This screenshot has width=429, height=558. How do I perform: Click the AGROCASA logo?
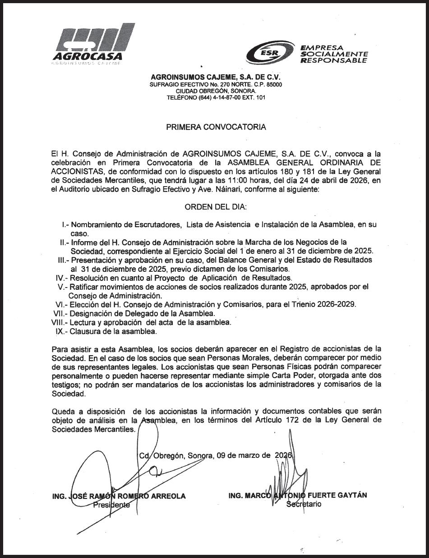pos(93,45)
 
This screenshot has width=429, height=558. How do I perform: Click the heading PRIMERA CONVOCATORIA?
pos(216,127)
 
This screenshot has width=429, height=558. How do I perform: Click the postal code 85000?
pos(273,84)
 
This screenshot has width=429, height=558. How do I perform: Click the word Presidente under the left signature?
pos(111,505)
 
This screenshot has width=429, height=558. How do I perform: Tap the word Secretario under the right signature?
pos(304,504)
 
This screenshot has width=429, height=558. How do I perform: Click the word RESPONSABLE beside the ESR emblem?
pos(333,60)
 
